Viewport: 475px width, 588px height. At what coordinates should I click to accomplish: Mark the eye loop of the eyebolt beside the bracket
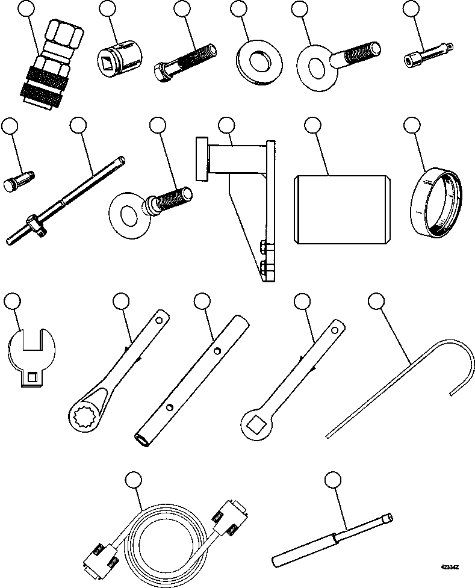[126, 214]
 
